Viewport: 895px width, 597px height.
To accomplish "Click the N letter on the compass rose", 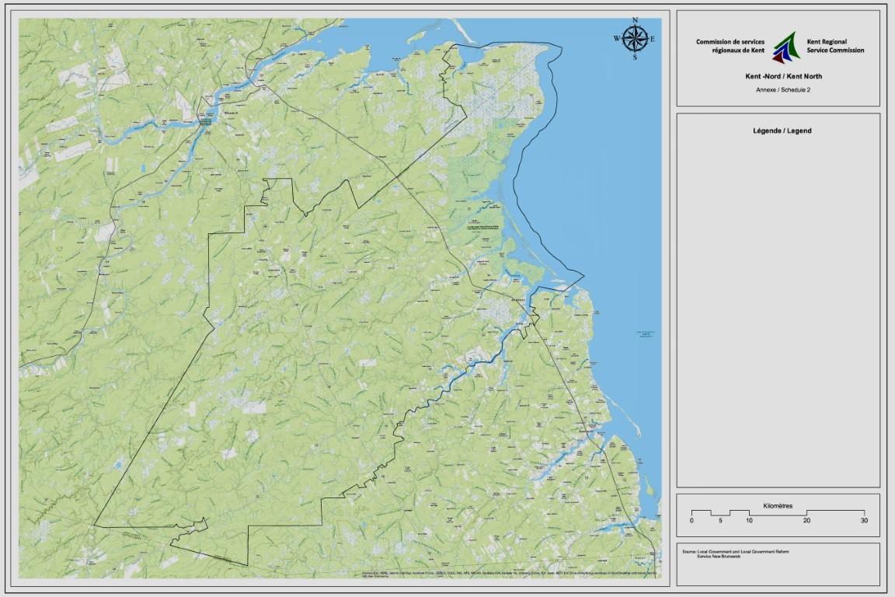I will pos(636,20).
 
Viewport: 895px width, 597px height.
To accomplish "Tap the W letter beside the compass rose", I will pos(617,39).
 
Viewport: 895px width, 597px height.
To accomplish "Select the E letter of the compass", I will pos(653,39).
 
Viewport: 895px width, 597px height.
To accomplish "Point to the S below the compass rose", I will pos(636,57).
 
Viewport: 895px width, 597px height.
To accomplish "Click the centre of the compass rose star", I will pos(636,38).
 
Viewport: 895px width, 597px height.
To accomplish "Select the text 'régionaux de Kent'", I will pos(738,50).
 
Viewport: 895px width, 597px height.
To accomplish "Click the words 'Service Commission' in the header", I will pos(835,50).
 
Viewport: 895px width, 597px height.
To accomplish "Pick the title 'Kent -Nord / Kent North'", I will pos(778,76).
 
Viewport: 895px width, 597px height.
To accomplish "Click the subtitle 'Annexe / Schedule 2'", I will pos(778,89).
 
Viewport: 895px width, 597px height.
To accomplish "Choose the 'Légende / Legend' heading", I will pos(778,131).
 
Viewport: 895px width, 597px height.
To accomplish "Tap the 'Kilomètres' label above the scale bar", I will pos(778,505).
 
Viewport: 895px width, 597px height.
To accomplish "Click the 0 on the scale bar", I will pos(691,520).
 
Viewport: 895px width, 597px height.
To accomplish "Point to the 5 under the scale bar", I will pos(720,520).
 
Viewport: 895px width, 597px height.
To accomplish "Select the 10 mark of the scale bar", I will pos(749,520).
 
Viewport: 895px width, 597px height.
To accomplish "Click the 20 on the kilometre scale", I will pos(807,520).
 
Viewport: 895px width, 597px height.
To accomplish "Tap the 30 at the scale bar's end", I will pos(863,520).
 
